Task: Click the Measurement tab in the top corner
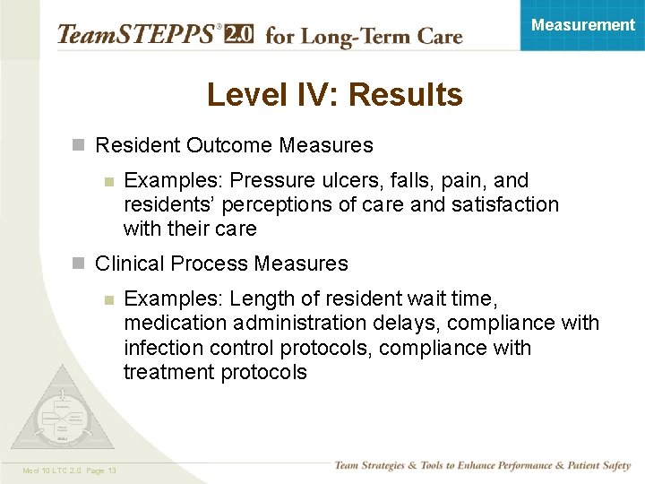[x=582, y=25]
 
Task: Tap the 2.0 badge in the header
[x=237, y=35]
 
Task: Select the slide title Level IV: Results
[x=334, y=94]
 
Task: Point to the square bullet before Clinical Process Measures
[x=78, y=264]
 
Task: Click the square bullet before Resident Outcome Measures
[x=78, y=144]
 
